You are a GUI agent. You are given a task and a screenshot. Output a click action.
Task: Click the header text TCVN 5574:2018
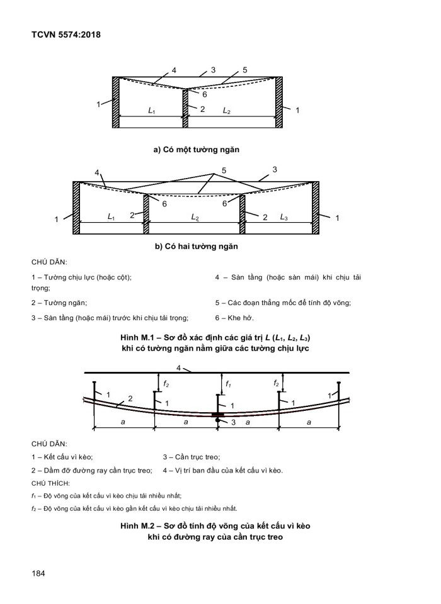[x=66, y=35]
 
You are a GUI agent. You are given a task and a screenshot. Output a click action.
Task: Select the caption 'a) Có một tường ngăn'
[x=197, y=150]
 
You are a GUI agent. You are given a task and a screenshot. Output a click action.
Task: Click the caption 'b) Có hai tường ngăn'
[x=197, y=246]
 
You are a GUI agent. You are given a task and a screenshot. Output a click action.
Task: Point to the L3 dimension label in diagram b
[x=284, y=217]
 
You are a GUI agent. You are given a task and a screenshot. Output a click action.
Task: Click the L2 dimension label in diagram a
[x=226, y=111]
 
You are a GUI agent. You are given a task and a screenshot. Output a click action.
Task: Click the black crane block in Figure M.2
[x=217, y=415]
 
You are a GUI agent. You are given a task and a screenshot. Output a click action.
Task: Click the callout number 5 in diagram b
[x=224, y=171]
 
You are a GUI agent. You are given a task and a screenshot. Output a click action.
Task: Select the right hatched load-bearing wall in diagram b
[x=316, y=208]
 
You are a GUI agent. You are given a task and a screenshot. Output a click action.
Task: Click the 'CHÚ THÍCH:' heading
[x=51, y=483]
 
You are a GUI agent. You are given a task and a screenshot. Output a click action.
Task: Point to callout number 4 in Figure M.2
[x=179, y=367]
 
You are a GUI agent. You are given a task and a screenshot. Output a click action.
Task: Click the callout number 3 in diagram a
[x=214, y=69]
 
